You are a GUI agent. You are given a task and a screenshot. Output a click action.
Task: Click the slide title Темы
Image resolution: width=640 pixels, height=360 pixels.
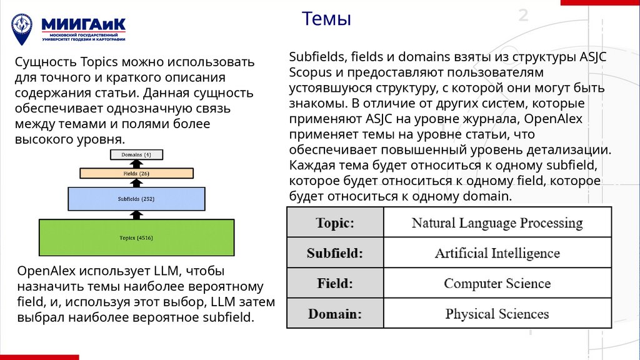tap(326, 19)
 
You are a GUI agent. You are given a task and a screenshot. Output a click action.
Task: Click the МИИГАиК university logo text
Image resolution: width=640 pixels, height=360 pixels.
tap(84, 24)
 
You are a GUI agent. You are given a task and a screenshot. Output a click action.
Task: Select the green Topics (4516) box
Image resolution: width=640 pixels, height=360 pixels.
tap(136, 237)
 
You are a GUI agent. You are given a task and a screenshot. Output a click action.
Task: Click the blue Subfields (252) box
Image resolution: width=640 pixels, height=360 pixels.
tap(136, 199)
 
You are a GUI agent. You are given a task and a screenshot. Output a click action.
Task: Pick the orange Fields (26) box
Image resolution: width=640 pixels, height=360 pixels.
tap(136, 173)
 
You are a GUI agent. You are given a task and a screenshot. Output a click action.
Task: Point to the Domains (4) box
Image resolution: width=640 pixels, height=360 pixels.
tap(136, 154)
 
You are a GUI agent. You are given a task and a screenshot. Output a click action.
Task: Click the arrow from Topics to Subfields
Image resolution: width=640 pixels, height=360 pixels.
tap(136, 214)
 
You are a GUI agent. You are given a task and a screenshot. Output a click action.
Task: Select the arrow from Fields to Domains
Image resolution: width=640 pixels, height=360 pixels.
tap(136, 163)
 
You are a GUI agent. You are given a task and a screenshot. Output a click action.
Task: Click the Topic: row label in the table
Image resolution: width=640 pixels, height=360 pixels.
tap(335, 223)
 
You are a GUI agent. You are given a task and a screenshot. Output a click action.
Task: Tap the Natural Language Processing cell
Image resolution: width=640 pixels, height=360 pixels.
tap(497, 223)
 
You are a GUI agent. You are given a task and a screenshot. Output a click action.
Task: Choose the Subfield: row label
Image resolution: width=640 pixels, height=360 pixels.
tap(335, 253)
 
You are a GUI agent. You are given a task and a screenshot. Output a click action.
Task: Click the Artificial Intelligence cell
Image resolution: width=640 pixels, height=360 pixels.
tap(497, 253)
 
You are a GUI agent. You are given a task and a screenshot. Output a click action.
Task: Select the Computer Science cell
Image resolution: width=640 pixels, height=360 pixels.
tap(497, 283)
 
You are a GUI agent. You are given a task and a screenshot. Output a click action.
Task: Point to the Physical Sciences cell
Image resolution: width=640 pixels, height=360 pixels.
tap(497, 313)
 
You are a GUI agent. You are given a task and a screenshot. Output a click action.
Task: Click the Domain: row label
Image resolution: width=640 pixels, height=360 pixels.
tap(335, 313)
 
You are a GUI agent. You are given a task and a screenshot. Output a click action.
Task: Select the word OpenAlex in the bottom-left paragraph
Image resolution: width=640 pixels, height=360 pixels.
tap(47, 272)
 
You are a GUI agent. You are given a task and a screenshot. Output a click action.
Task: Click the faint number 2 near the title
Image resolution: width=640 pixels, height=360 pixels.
tap(523, 16)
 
